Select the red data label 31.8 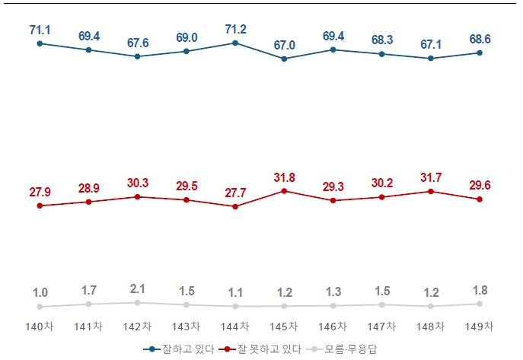[284, 178]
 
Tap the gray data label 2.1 [137, 288]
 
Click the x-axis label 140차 [40, 327]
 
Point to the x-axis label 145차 [284, 327]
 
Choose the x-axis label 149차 [480, 327]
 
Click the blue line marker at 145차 [284, 59]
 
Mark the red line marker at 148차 [431, 191]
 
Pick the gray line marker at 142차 [137, 302]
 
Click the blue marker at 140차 [40, 43]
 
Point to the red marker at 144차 [234, 206]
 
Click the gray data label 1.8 [480, 290]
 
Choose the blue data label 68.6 [480, 39]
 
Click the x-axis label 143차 [186, 327]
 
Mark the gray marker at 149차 [480, 304]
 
